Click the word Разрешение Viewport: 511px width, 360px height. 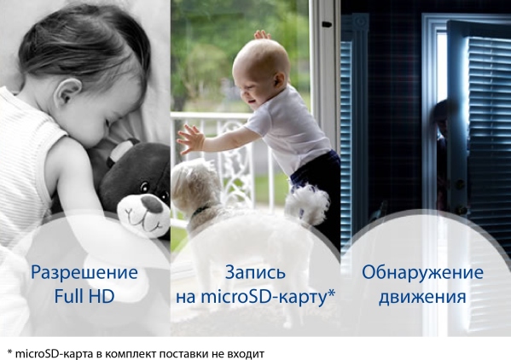84,273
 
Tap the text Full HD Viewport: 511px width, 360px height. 84,297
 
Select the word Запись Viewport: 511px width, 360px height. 255,273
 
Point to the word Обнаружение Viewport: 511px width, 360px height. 422,273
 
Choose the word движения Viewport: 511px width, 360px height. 422,297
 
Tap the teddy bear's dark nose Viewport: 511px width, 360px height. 152,204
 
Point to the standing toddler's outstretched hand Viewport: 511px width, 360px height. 190,139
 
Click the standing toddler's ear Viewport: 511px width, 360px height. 278,81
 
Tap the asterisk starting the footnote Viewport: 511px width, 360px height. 9,351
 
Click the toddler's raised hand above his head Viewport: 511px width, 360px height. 262,34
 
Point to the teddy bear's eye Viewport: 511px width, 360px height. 143,187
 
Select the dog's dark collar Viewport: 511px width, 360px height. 200,211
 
